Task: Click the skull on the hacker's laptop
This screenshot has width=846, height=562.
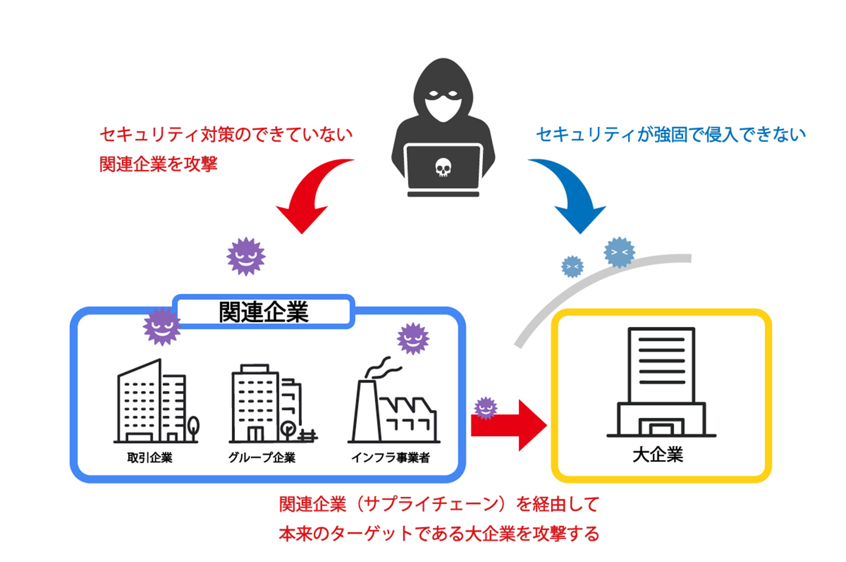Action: pyautogui.click(x=443, y=168)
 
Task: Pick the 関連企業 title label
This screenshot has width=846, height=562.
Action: pyautogui.click(x=263, y=312)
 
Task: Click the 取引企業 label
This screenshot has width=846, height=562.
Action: pyautogui.click(x=150, y=457)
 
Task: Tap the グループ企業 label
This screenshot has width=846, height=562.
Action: pyautogui.click(x=262, y=457)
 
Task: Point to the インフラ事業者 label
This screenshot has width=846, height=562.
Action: pyautogui.click(x=390, y=457)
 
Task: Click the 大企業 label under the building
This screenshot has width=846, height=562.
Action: pyautogui.click(x=658, y=454)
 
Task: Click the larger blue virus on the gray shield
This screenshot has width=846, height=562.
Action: pyautogui.click(x=619, y=253)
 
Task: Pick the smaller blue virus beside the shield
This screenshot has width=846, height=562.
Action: pyautogui.click(x=572, y=267)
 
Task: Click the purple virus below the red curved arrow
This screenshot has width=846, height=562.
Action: pyautogui.click(x=246, y=256)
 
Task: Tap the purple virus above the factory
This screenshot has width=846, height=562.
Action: pyautogui.click(x=413, y=338)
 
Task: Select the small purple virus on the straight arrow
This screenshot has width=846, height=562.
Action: pyautogui.click(x=486, y=408)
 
